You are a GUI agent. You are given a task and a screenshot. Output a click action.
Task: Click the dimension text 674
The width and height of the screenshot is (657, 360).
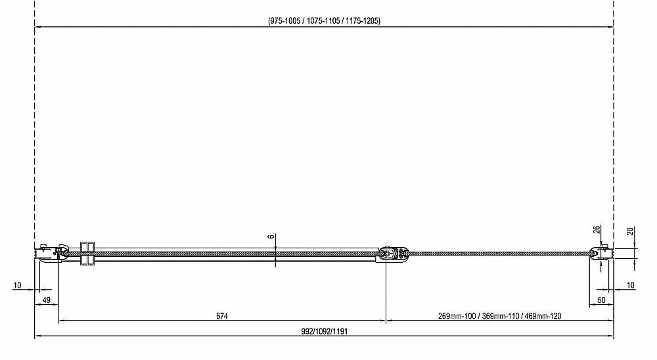click(x=222, y=316)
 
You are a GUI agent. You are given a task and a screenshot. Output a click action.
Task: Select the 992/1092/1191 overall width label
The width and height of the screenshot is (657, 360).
click(x=325, y=332)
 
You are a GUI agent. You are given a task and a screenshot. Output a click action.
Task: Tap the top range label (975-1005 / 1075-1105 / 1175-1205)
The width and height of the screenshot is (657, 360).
click(x=325, y=20)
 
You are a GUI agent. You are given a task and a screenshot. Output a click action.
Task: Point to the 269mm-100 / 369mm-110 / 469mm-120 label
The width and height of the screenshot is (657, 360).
click(x=499, y=316)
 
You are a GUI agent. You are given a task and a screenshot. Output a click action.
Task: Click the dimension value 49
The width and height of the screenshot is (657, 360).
click(x=47, y=300)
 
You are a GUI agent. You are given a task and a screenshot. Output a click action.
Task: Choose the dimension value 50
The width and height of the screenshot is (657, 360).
click(x=601, y=300)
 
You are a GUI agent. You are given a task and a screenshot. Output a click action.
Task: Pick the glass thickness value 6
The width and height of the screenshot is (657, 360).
click(x=271, y=236)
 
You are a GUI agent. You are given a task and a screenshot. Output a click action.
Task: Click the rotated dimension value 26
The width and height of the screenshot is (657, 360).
click(x=597, y=230)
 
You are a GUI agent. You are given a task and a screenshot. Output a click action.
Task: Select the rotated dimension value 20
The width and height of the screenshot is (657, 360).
click(x=630, y=231)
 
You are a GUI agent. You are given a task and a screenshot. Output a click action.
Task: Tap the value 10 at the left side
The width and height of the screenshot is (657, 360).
click(x=17, y=285)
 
